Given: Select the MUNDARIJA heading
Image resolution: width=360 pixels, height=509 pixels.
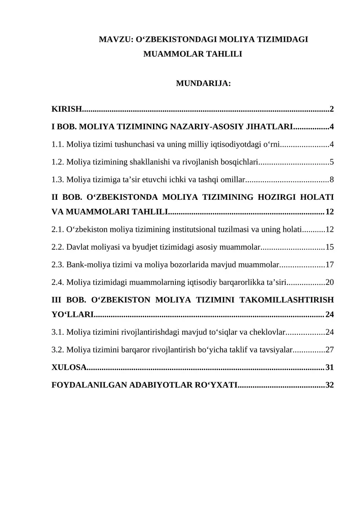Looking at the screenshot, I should pyautogui.click(x=203, y=83).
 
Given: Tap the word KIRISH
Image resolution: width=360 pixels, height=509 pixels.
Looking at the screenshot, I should pyautogui.click(x=67, y=109).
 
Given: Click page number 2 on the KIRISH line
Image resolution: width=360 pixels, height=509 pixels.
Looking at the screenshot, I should pyautogui.click(x=332, y=109).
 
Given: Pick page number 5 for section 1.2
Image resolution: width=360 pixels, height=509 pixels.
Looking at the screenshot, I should pyautogui.click(x=332, y=162).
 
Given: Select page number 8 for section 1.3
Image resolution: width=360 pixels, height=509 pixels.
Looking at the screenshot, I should pyautogui.click(x=332, y=180).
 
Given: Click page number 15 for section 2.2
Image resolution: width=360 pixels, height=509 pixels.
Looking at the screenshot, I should pyautogui.click(x=329, y=247).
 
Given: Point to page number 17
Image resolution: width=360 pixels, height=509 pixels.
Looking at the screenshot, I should pyautogui.click(x=329, y=265).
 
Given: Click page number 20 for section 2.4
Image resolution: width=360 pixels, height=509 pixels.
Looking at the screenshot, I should pyautogui.click(x=329, y=283).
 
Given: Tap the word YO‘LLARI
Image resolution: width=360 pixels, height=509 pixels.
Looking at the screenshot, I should pyautogui.click(x=72, y=314).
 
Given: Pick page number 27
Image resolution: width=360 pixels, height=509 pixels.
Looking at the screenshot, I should pyautogui.click(x=329, y=349).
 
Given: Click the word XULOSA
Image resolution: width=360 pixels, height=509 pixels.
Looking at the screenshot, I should pyautogui.click(x=69, y=368).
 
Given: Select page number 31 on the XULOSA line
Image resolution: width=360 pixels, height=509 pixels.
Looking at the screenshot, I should pyautogui.click(x=329, y=368).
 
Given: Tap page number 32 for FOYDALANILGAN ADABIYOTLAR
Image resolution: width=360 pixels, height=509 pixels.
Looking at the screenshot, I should pyautogui.click(x=329, y=385).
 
